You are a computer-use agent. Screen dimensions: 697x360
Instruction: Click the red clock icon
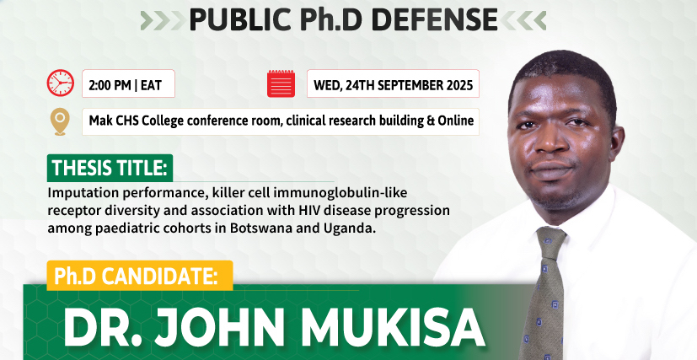click(61, 83)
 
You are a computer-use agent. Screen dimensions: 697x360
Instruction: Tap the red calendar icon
click(281, 83)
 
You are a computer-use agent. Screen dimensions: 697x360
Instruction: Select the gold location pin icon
click(60, 121)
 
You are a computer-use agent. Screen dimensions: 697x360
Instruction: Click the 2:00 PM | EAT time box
click(128, 83)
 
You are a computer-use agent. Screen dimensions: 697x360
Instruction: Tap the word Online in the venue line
click(456, 121)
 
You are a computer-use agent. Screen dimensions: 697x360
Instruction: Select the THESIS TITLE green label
click(110, 168)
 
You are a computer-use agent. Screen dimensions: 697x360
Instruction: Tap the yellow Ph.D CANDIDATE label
click(140, 276)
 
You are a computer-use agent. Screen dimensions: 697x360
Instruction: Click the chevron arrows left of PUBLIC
click(164, 20)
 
